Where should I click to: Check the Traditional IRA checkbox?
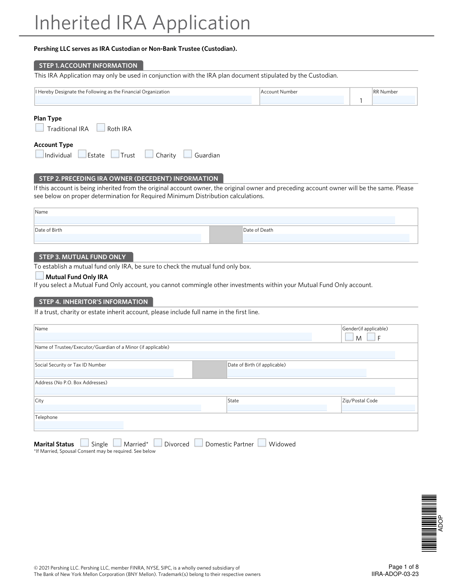pos(40,128)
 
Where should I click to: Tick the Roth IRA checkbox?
pos(101,128)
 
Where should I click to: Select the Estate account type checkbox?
pos(82,154)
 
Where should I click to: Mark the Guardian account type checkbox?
pos(188,154)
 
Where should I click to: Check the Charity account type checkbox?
pos(149,154)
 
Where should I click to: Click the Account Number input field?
pos(302,100)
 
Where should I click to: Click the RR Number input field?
pos(394,100)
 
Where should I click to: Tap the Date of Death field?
pos(326,238)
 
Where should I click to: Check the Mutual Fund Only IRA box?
pos(40,276)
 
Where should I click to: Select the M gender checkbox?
pos(349,337)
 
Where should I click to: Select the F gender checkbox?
pos(371,337)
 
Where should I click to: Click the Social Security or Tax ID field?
pos(104,373)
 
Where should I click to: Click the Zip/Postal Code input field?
pos(378,408)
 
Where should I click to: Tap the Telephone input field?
pos(79,425)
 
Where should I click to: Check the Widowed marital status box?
pos(262,443)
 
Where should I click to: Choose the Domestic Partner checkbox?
pos(199,443)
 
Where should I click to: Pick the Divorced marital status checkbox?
pos(158,443)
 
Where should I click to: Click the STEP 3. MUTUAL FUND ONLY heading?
pos(83,257)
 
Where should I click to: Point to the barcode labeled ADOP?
pos(429,523)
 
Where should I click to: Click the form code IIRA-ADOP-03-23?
pos(395,574)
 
